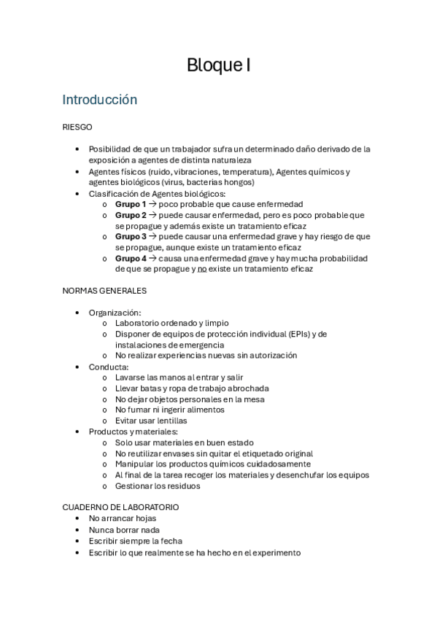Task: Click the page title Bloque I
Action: [219, 66]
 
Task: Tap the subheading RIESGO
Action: [77, 127]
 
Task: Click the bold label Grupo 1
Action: [131, 204]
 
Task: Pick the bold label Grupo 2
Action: [131, 215]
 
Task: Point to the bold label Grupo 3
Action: [131, 236]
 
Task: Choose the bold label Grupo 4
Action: [131, 258]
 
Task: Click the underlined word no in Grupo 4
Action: [202, 269]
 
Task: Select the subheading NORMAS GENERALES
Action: [105, 290]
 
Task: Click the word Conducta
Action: [109, 367]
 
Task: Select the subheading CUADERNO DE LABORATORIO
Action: [121, 507]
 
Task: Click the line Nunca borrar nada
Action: [124, 530]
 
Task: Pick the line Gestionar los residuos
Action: [158, 485]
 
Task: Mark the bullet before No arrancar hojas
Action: [77, 519]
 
